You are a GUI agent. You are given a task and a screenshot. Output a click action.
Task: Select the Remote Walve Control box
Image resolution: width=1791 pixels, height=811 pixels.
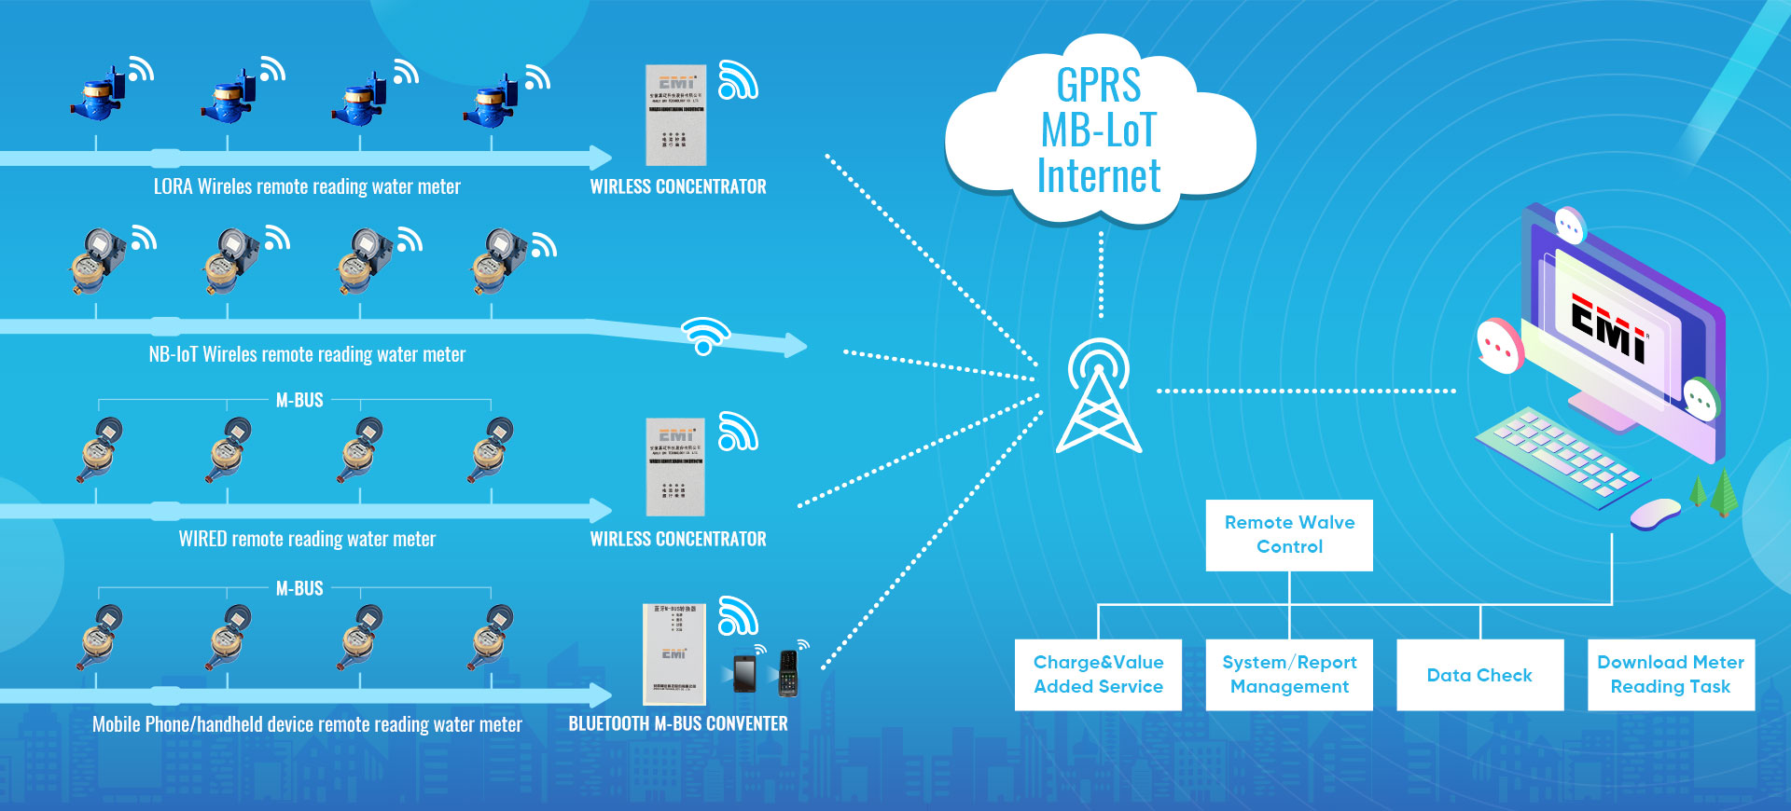coord(1289,535)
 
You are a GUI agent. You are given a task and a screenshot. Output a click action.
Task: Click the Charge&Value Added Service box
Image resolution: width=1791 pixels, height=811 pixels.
coord(1098,675)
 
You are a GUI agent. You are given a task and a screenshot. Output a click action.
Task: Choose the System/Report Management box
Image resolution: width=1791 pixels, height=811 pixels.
coord(1289,675)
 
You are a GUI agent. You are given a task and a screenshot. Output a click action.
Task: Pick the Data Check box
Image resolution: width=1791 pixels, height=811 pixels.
coord(1479,675)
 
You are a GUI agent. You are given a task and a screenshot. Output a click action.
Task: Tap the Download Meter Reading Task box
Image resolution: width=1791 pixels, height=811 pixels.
coord(1671,675)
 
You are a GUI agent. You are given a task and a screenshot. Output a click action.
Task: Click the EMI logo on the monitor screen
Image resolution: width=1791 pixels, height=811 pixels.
coord(1609,327)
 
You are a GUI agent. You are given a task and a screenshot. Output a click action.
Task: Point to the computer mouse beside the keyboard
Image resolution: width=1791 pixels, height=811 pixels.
coord(1655,513)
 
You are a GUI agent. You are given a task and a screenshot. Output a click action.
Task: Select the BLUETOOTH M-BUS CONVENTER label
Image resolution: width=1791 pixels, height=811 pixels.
coord(678,724)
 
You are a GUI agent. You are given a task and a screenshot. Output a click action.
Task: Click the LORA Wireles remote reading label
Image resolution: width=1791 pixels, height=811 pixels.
coord(307,186)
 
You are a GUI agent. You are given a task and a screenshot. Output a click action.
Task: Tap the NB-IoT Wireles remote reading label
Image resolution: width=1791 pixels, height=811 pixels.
coord(307,354)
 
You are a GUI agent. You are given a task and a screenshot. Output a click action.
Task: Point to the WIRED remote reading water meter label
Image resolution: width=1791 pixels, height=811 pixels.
coord(307,539)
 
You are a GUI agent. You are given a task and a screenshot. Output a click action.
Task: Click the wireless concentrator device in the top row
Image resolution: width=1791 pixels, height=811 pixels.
coord(676,115)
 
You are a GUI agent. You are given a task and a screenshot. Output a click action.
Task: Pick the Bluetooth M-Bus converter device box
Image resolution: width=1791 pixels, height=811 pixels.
coord(673,653)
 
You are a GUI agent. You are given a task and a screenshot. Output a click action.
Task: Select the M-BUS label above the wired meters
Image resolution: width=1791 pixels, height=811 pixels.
coord(299,401)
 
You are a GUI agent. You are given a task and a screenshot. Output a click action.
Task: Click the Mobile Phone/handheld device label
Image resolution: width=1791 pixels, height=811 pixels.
coord(307,724)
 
